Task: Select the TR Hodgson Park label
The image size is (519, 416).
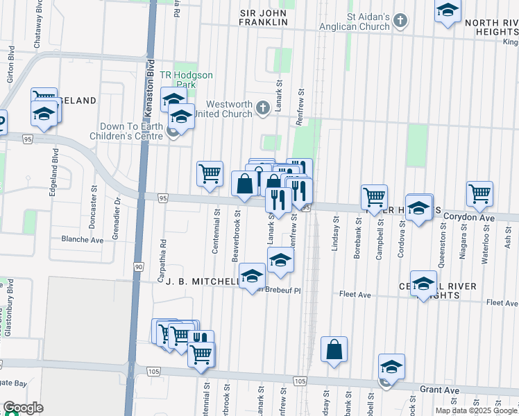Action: pyautogui.click(x=186, y=80)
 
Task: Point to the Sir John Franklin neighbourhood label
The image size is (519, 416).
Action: pyautogui.click(x=263, y=17)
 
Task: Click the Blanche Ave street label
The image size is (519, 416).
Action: pyautogui.click(x=82, y=240)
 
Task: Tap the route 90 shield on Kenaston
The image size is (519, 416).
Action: pyautogui.click(x=139, y=267)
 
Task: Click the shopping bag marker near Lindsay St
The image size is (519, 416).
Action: pyautogui.click(x=334, y=351)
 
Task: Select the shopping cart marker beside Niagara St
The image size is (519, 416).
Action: pyautogui.click(x=479, y=196)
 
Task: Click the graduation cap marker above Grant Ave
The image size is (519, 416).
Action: pyautogui.click(x=391, y=367)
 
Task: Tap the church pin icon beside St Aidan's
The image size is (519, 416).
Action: pyautogui.click(x=400, y=21)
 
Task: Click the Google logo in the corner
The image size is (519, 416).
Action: pyautogui.click(x=23, y=408)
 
